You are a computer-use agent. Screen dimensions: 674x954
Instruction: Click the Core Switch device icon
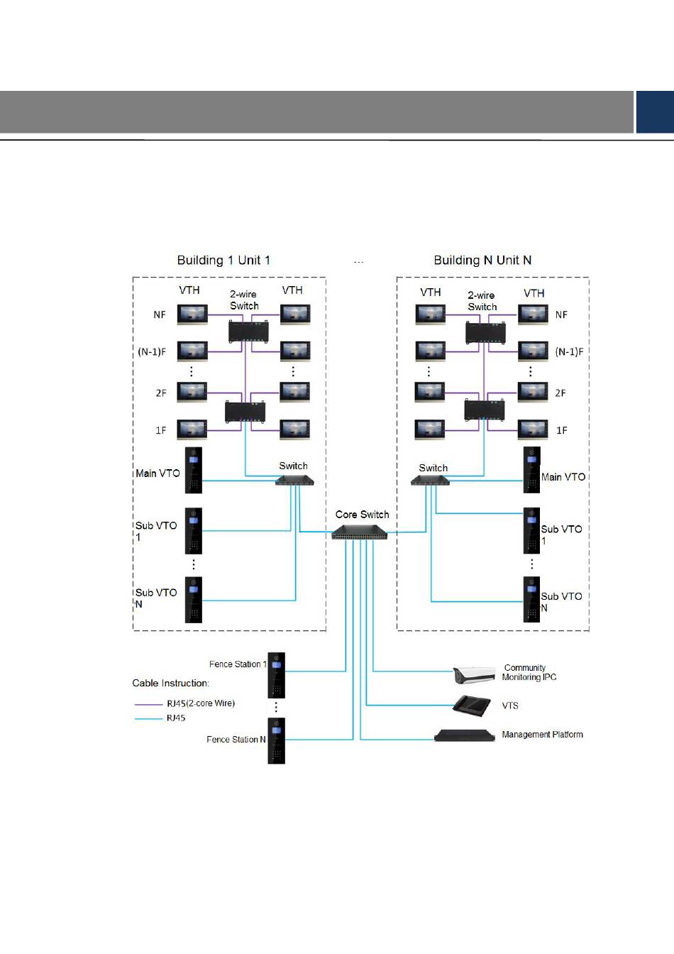click(x=360, y=532)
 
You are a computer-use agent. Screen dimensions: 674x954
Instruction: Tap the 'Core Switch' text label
click(x=362, y=514)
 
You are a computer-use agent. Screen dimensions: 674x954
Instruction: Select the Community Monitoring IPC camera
click(x=474, y=674)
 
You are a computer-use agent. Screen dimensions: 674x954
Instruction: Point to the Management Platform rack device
click(x=465, y=735)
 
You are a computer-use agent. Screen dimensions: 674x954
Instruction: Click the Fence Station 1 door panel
click(x=276, y=675)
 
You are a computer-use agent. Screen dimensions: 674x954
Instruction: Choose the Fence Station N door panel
click(x=276, y=740)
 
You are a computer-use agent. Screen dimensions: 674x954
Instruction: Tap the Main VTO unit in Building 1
click(x=193, y=470)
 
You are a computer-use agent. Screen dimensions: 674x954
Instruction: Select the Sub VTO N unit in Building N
click(x=531, y=600)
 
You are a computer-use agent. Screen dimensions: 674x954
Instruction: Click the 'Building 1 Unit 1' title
click(x=223, y=261)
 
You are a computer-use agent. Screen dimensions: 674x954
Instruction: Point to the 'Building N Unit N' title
click(x=482, y=261)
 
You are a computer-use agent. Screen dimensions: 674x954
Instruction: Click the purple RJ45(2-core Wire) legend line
click(x=148, y=704)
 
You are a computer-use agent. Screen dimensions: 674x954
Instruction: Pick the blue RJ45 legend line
click(x=148, y=719)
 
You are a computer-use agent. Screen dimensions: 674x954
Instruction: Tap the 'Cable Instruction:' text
click(x=170, y=683)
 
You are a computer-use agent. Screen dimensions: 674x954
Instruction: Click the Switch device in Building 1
click(x=294, y=480)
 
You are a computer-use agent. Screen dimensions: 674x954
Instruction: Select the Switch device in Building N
click(x=430, y=480)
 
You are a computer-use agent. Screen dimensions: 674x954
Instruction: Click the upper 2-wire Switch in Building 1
click(x=248, y=331)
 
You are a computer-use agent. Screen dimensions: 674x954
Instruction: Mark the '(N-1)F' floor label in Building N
click(x=569, y=352)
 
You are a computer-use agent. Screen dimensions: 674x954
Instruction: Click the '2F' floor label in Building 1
click(x=161, y=393)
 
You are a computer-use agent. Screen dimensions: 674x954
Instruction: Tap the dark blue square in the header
click(x=656, y=111)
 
